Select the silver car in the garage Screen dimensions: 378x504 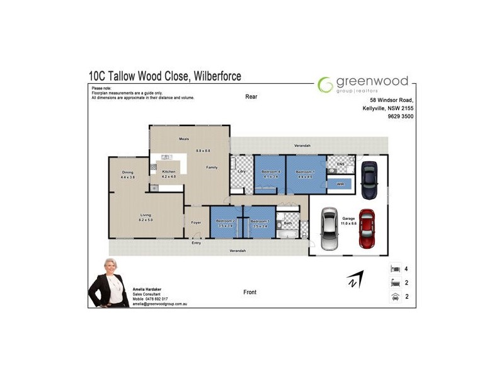pos(329,229)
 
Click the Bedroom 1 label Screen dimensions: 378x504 pos(305,172)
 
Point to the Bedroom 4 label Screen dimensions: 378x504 pos(270,172)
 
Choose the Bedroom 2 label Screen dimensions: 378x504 pos(226,221)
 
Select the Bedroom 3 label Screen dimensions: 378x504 pos(260,221)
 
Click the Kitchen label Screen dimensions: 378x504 pos(169,172)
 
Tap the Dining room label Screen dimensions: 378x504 pos(128,173)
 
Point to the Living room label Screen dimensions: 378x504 pos(146,215)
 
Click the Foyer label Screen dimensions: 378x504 pos(196,222)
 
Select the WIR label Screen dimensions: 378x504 pos(340,184)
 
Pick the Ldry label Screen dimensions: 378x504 pos(241,171)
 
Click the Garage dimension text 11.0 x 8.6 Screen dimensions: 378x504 pos(348,224)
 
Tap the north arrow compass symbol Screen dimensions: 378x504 pos(355,280)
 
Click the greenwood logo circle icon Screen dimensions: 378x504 pos(325,85)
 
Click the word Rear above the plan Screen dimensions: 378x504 pos(252,97)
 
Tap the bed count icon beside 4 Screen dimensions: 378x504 pos(395,268)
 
